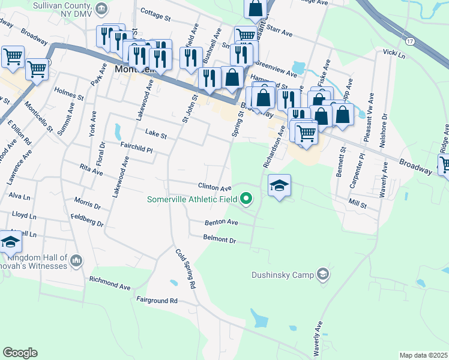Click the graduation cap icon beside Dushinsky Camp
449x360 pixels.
point(324,274)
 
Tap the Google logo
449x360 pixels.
point(20,352)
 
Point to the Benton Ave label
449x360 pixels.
point(221,223)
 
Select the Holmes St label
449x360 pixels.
point(68,94)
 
